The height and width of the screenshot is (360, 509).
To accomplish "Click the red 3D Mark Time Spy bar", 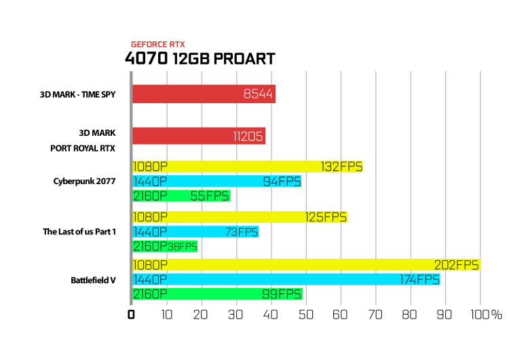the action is (x=204, y=94).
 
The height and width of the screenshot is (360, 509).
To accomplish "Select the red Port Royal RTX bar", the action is (x=199, y=136).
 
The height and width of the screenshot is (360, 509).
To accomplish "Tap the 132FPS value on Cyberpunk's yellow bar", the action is (x=341, y=166).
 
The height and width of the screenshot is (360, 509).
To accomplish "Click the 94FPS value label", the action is (x=282, y=181).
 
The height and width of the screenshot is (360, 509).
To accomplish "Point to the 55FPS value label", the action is (x=210, y=196).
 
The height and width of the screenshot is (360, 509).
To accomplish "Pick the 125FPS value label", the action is (x=326, y=217).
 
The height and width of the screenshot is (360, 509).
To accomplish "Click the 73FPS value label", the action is (x=242, y=232).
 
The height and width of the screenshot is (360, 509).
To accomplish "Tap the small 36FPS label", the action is (x=183, y=247).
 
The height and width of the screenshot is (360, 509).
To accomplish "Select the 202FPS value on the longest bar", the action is (x=457, y=265).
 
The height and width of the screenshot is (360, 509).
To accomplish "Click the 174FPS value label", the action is (x=419, y=280).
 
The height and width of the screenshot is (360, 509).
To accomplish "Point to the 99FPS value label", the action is (x=282, y=294).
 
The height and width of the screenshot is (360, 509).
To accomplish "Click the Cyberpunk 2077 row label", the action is (x=84, y=181).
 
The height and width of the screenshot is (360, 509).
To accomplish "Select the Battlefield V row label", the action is (x=93, y=280).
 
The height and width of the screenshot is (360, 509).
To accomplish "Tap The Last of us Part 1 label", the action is (x=79, y=232).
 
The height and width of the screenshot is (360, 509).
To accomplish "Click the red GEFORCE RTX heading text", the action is (x=158, y=45).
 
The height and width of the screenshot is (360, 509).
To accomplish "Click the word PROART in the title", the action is (x=244, y=59).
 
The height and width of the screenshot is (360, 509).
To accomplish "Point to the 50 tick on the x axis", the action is (x=306, y=314).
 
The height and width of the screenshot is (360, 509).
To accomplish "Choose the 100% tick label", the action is (x=487, y=314).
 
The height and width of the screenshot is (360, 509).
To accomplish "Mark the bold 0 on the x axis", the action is (x=131, y=314).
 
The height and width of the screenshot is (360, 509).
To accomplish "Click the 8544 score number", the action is (x=258, y=94).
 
